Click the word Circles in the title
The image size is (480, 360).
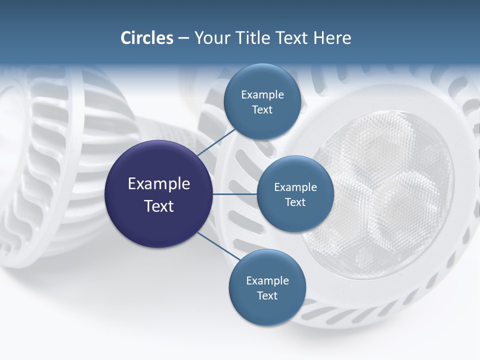point(146,38)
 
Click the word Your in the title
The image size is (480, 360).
point(212,38)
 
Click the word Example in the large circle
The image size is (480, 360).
point(158,184)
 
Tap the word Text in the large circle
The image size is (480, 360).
point(158,206)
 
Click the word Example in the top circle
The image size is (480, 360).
point(262,95)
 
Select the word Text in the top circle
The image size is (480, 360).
point(262,110)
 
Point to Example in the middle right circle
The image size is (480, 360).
point(295,187)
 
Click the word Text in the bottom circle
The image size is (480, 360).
point(267,295)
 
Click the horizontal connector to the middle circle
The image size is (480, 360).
point(235,194)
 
